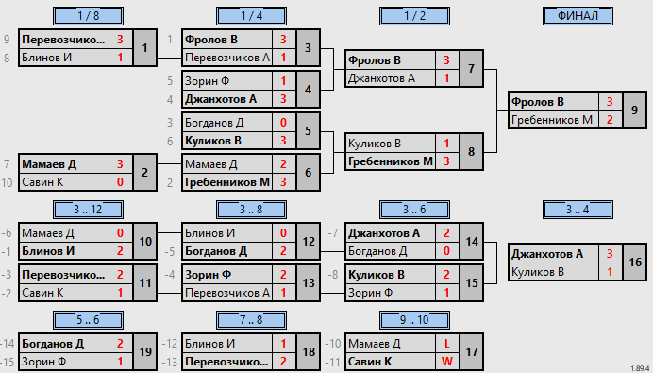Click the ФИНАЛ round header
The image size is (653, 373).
(578, 16)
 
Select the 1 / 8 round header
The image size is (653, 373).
(89, 16)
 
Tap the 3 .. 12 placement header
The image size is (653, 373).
(89, 210)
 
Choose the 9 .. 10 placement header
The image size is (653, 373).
(414, 320)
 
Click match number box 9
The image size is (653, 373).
(634, 110)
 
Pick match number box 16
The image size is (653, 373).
(634, 263)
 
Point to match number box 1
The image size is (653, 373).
(144, 48)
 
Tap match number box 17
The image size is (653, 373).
(472, 351)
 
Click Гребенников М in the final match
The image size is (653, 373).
(551, 120)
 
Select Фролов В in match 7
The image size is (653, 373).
(374, 60)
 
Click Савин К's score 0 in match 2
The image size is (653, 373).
(120, 182)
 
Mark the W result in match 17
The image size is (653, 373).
(447, 362)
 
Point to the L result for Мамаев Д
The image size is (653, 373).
(447, 344)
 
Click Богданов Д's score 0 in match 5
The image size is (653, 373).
(283, 123)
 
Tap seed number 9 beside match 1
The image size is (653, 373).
(7, 40)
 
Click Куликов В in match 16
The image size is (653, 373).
(538, 272)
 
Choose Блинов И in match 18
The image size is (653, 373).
(209, 344)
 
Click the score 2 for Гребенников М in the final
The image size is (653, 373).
(610, 120)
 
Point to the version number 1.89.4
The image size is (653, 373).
(641, 368)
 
